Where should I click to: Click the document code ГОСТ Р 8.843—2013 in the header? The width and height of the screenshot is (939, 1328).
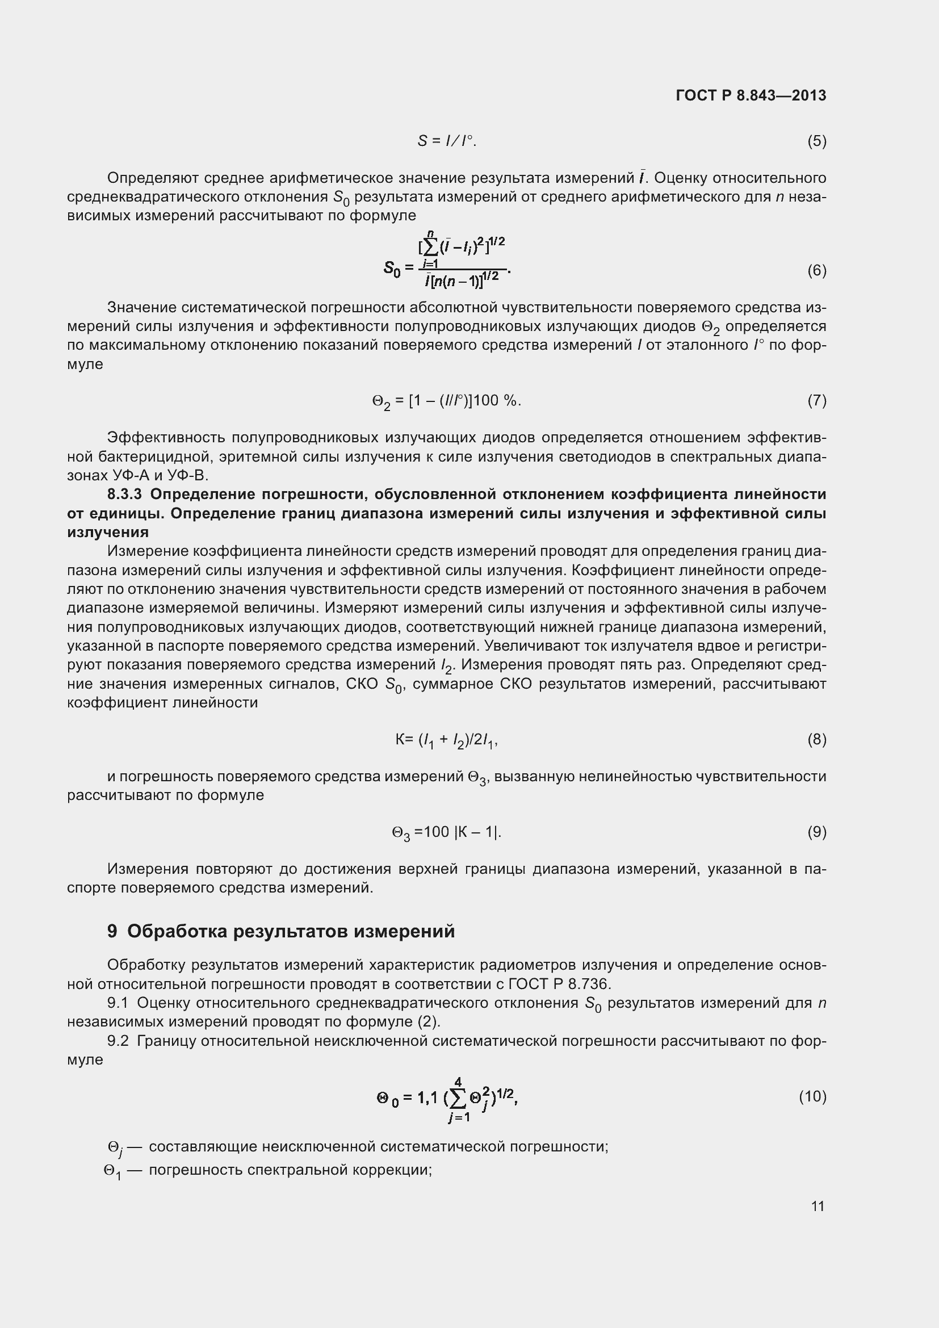pos(751,95)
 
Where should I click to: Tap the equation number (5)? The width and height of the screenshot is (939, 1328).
pos(816,141)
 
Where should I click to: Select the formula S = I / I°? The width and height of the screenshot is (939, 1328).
pos(446,141)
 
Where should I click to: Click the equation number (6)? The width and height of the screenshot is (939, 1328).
pos(816,270)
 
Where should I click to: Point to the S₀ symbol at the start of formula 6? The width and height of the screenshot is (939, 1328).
pos(392,269)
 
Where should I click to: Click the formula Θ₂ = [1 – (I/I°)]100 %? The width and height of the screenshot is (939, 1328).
pos(446,401)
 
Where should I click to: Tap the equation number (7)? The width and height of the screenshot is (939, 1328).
pos(816,400)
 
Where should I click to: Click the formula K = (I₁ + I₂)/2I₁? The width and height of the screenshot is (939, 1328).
pos(446,740)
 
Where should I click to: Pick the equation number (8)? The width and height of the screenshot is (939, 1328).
pos(816,739)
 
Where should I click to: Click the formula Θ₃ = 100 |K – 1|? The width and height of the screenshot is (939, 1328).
pos(446,832)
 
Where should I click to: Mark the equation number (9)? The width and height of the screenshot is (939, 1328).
pos(816,832)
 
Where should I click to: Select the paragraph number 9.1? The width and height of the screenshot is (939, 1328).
pos(118,1003)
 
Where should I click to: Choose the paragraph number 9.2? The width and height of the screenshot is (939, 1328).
pos(118,1041)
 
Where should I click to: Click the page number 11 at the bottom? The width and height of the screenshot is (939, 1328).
pos(817,1206)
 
